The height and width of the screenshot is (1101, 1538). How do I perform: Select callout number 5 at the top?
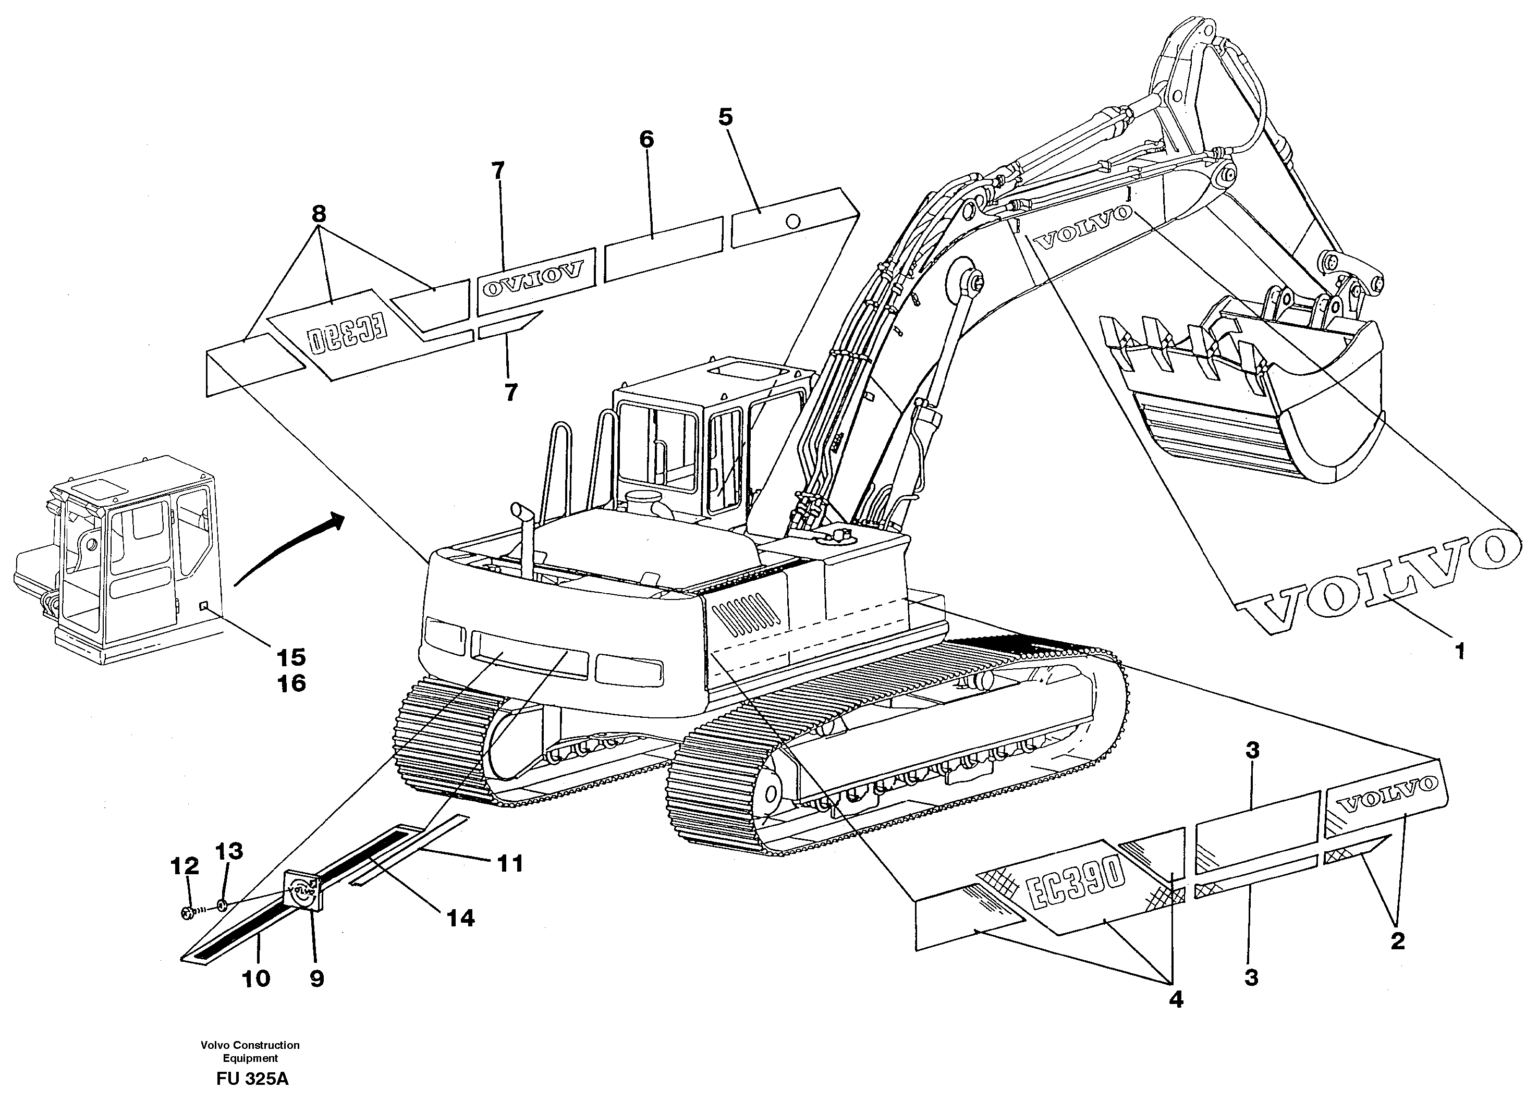tap(725, 117)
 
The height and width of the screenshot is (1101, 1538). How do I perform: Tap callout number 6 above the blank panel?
tap(646, 140)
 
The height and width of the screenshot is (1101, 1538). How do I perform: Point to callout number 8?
tap(318, 215)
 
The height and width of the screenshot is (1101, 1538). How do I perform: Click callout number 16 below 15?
tap(291, 683)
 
